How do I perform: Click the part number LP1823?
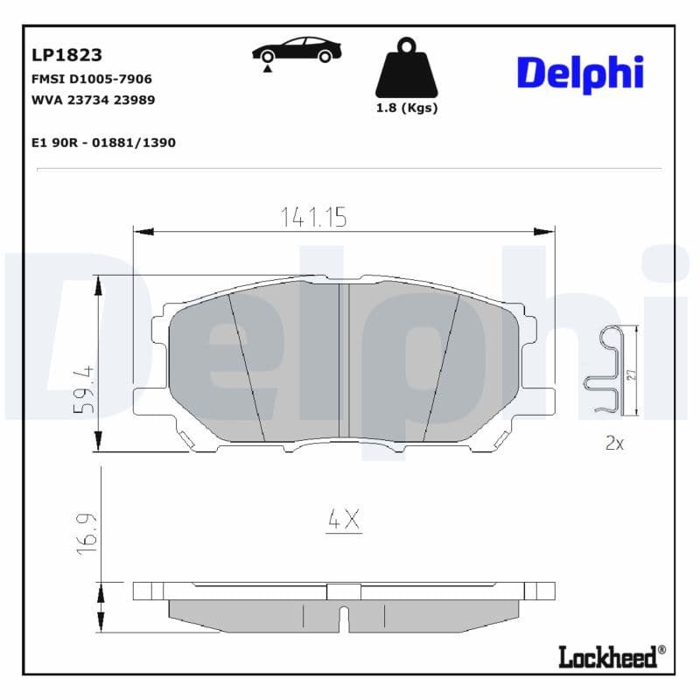pyautogui.click(x=66, y=55)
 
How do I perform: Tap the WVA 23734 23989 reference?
pyautogui.click(x=93, y=100)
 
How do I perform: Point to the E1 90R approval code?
pyautogui.click(x=103, y=142)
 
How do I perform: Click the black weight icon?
pyautogui.click(x=405, y=68)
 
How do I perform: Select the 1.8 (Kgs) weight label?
pyautogui.click(x=406, y=108)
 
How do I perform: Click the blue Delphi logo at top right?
pyautogui.click(x=579, y=72)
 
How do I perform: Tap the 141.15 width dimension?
pyautogui.click(x=313, y=217)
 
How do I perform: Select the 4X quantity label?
pyautogui.click(x=344, y=520)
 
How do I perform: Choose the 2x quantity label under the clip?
pyautogui.click(x=614, y=444)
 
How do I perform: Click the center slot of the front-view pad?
pyautogui.click(x=344, y=362)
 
